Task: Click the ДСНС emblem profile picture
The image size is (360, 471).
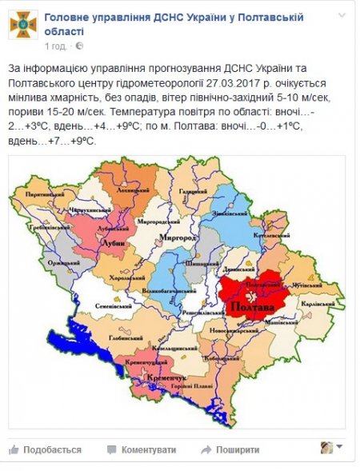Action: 23,23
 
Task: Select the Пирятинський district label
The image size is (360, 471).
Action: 44,194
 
